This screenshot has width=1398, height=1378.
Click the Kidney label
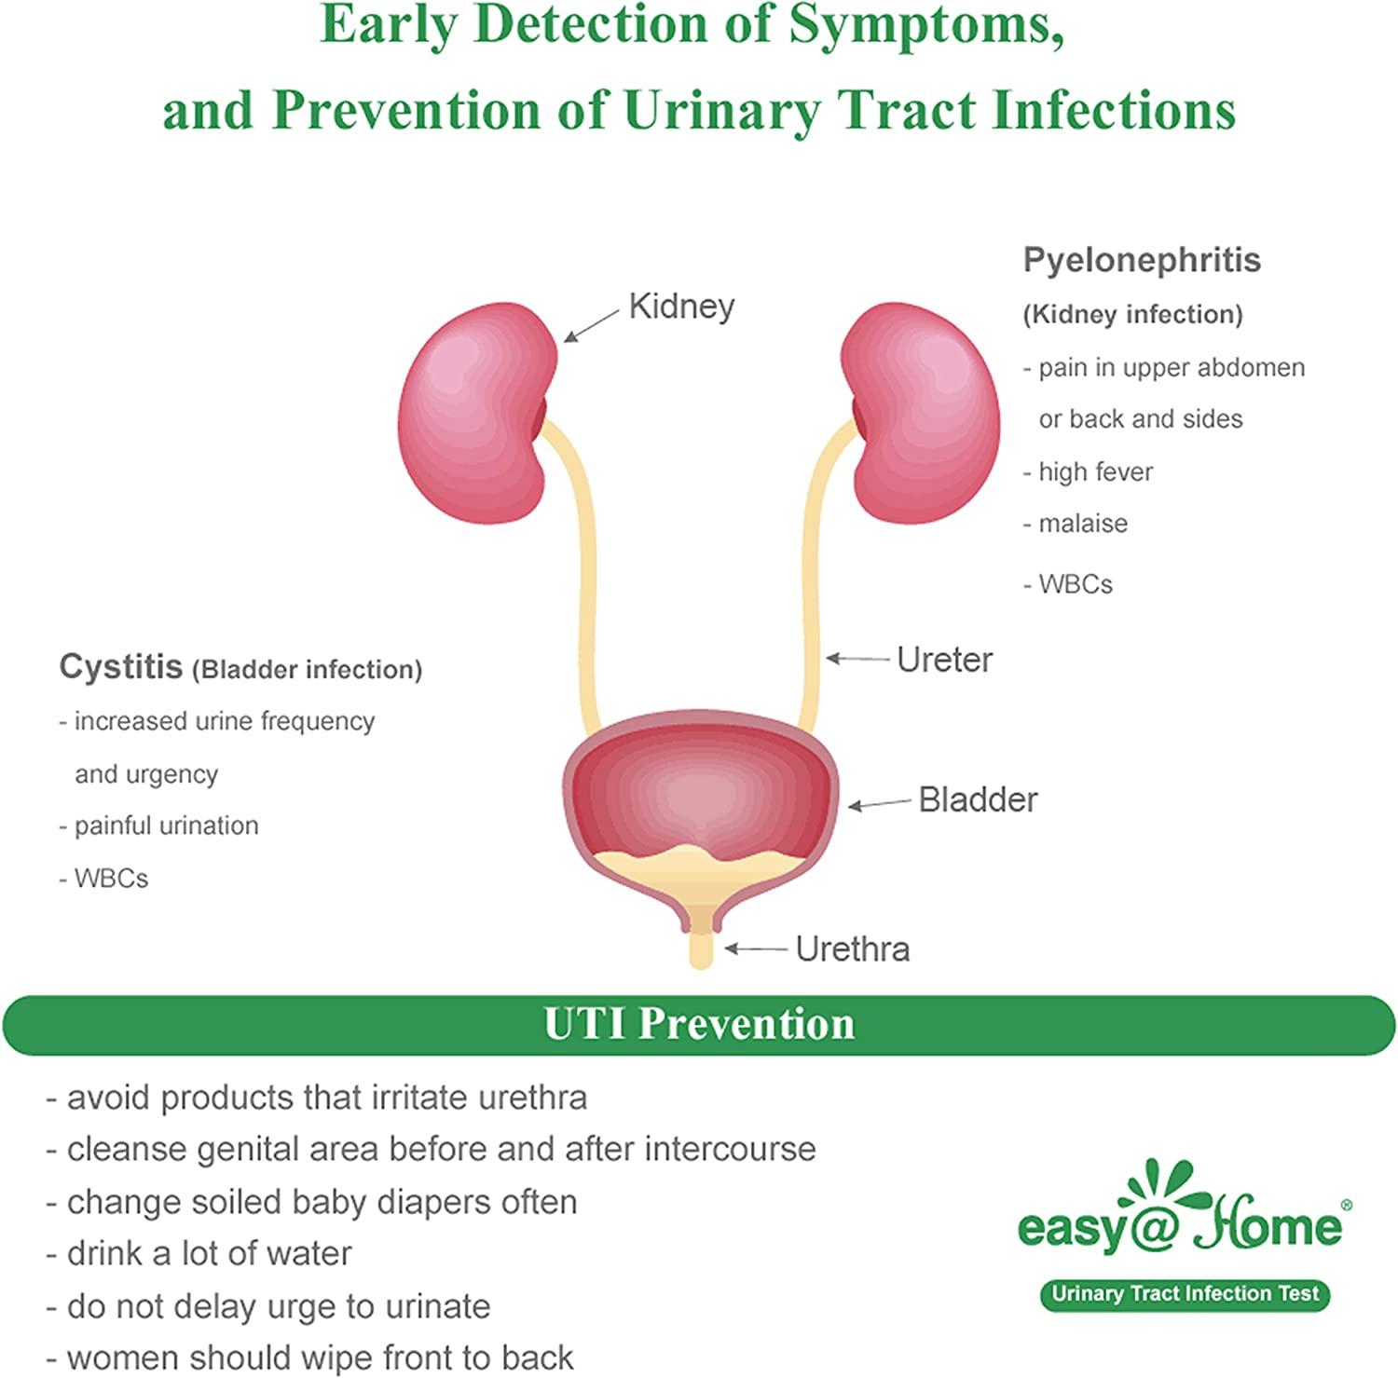point(681,307)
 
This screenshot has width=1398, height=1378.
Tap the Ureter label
point(944,660)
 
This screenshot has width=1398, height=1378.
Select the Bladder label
point(978,799)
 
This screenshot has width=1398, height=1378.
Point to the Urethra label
point(852,948)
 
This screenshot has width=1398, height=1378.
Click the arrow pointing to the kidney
point(592,325)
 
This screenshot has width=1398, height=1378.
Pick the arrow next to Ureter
point(857,659)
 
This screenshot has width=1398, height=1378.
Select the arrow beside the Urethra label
point(756,948)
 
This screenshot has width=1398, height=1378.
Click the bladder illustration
point(700,811)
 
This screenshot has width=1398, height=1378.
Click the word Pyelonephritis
point(1142,260)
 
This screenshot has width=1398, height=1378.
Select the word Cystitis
point(120,667)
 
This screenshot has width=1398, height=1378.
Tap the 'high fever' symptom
point(1095,472)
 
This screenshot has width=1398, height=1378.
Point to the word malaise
point(1082,524)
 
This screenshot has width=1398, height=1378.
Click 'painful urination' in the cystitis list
point(166,825)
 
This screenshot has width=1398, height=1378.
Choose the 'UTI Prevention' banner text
point(699,1024)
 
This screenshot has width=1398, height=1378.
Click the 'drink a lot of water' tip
point(209,1254)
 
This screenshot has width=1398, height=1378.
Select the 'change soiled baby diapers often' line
point(322,1202)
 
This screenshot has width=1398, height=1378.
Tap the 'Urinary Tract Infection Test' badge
point(1185,1294)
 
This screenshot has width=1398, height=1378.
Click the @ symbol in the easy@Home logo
point(1158,1228)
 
